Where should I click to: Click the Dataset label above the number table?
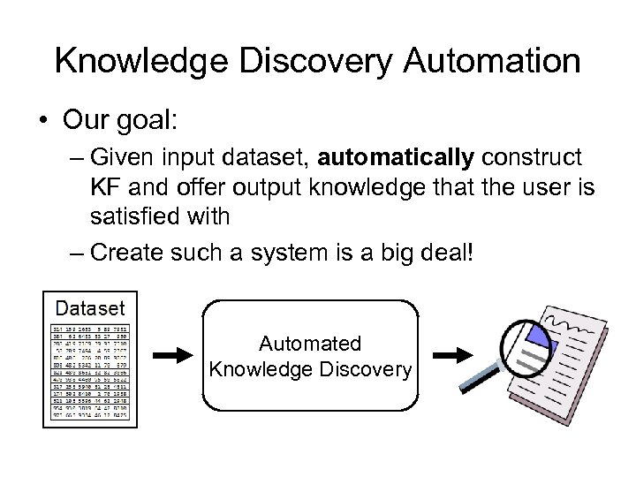(x=90, y=308)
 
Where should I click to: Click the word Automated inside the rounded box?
(x=310, y=344)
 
